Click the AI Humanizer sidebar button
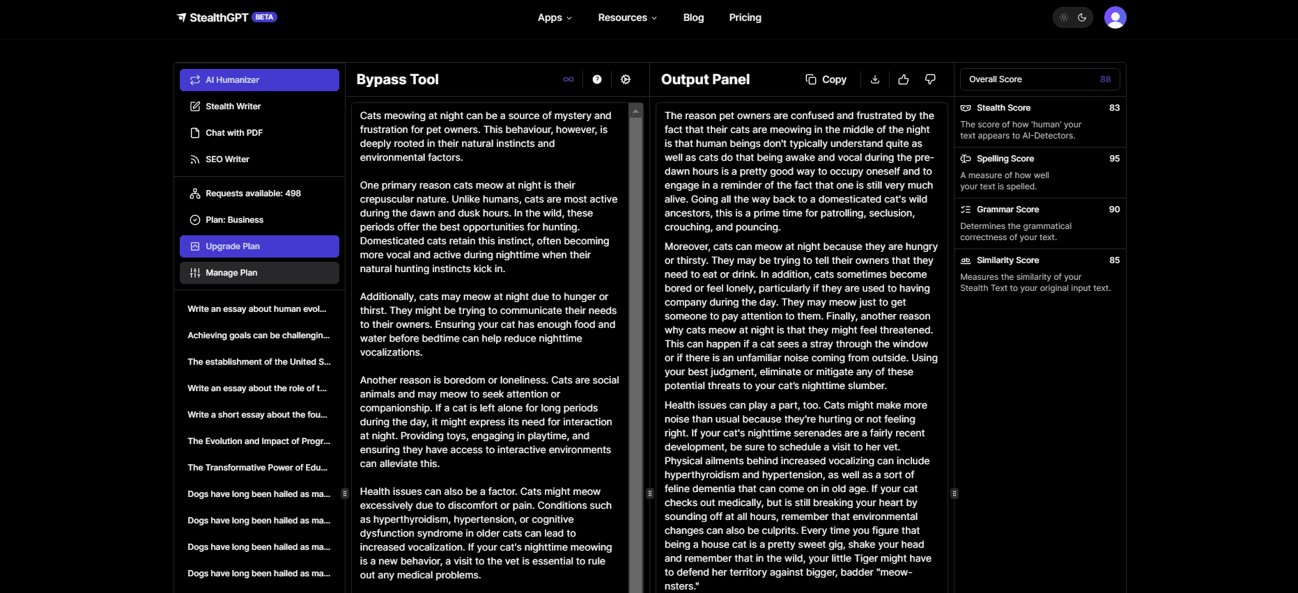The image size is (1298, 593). pyautogui.click(x=259, y=80)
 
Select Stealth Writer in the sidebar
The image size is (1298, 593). pyautogui.click(x=233, y=106)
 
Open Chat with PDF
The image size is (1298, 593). pyautogui.click(x=233, y=133)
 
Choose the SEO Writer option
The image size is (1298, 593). pyautogui.click(x=227, y=159)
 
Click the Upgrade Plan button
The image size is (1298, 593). pyautogui.click(x=259, y=246)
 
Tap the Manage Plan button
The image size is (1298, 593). pyautogui.click(x=259, y=273)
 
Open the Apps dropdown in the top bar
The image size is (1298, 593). pyautogui.click(x=555, y=17)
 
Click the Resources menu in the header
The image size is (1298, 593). pyautogui.click(x=627, y=17)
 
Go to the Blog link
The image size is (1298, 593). pyautogui.click(x=693, y=17)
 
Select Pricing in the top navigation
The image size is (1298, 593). pyautogui.click(x=745, y=17)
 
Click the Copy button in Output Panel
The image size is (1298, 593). pyautogui.click(x=826, y=79)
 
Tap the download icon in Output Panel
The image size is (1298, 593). pyautogui.click(x=875, y=79)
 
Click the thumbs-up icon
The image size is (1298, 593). pyautogui.click(x=904, y=79)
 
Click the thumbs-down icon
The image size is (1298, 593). pyautogui.click(x=930, y=79)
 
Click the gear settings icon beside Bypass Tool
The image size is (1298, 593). pyautogui.click(x=626, y=79)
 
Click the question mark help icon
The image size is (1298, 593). pyautogui.click(x=597, y=79)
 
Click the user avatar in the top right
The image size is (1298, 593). pyautogui.click(x=1115, y=17)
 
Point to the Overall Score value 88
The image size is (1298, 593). pyautogui.click(x=1105, y=79)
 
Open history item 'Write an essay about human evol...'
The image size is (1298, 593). pyautogui.click(x=256, y=309)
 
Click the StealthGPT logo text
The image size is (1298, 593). pyautogui.click(x=219, y=17)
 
